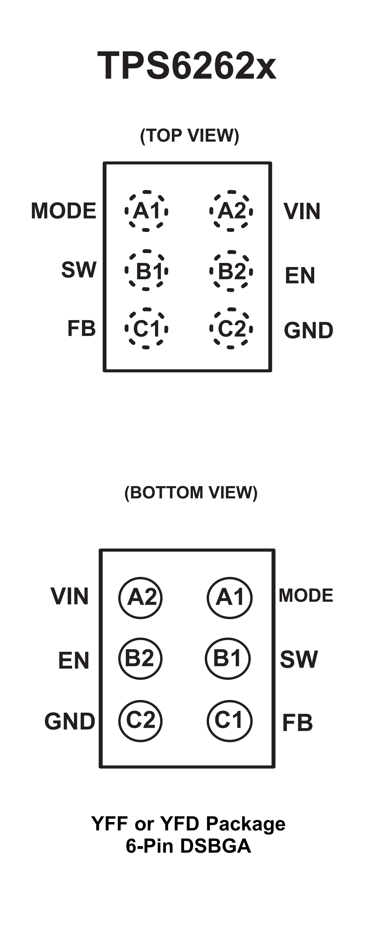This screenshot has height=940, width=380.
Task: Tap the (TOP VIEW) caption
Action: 190,136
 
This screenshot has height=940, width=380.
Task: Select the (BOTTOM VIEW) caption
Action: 191,493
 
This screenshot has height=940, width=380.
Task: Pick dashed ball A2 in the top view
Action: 231,211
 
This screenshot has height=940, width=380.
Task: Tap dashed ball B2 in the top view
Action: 231,271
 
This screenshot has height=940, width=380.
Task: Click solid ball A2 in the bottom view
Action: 141,598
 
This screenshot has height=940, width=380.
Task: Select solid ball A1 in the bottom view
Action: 229,598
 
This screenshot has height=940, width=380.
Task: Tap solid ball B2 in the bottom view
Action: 141,658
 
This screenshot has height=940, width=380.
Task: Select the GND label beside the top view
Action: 309,330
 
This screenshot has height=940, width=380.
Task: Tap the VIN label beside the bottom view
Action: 69,596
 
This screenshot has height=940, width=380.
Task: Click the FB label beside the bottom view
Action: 297,723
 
